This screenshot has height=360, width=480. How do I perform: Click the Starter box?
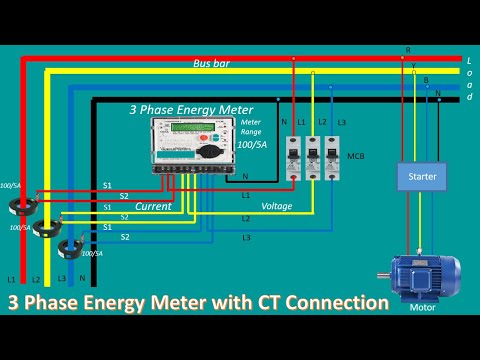[422, 176]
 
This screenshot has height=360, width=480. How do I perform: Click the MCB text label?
[354, 157]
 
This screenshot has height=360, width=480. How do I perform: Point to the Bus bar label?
[212, 62]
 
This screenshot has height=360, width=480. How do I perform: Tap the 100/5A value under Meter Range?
[252, 146]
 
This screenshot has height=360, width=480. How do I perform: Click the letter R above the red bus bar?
[407, 49]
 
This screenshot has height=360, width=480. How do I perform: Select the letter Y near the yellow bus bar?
[414, 67]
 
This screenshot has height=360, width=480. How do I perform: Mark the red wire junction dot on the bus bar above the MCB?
[294, 58]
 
